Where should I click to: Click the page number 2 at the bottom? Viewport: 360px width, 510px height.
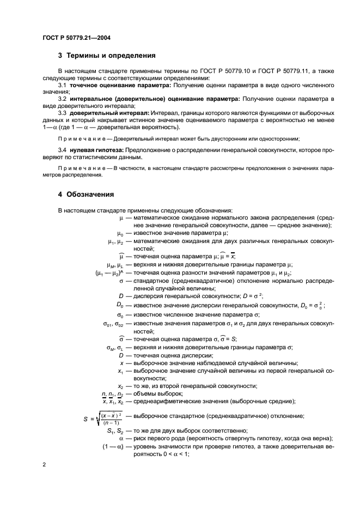pyautogui.click(x=44, y=465)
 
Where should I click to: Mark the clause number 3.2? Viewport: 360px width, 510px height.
pyautogui.click(x=63, y=99)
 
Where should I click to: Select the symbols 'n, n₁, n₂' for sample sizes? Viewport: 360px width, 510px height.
pyautogui.click(x=113, y=393)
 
